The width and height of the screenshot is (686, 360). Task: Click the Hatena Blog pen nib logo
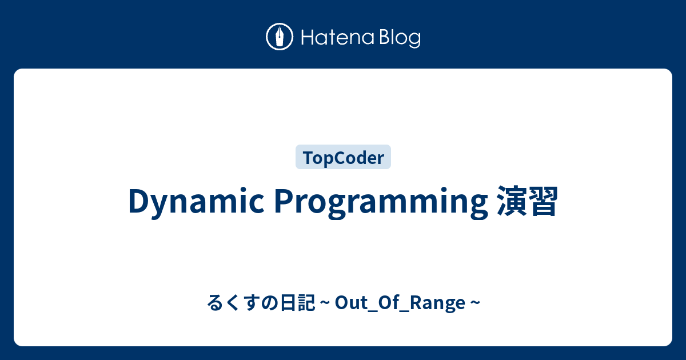[x=280, y=37]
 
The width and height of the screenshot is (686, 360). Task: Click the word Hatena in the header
[x=338, y=37]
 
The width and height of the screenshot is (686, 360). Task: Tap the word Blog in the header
[x=400, y=39]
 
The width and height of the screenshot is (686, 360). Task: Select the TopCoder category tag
[x=343, y=157]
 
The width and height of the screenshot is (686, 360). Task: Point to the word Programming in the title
[x=381, y=202]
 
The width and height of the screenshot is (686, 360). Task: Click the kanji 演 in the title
[x=512, y=201]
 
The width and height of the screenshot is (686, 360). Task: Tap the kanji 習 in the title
[x=543, y=201]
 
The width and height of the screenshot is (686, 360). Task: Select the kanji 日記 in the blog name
[x=298, y=302]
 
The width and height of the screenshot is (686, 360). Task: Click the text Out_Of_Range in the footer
[x=400, y=303]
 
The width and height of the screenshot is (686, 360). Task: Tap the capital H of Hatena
[x=309, y=37]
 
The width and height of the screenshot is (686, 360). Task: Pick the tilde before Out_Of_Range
[x=325, y=303]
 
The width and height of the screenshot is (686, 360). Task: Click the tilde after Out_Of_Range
[x=475, y=303]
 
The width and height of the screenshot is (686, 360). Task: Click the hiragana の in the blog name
[x=270, y=303]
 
